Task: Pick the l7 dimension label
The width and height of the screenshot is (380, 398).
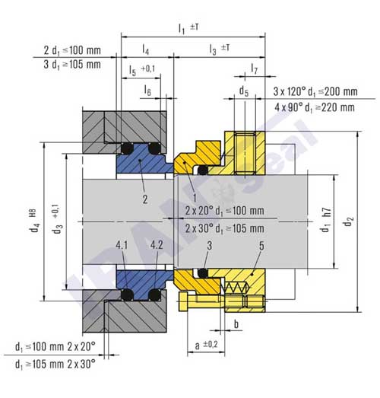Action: (x=253, y=69)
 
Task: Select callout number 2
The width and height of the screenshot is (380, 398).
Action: (x=144, y=199)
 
